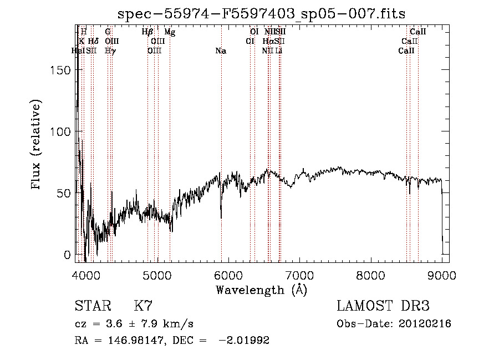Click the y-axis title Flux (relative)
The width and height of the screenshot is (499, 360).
click(37, 145)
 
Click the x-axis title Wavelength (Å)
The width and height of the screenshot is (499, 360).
click(262, 290)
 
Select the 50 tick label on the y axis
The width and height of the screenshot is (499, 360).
click(65, 193)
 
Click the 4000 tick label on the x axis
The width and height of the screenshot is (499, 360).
click(85, 275)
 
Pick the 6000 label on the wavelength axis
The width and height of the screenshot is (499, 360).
click(228, 275)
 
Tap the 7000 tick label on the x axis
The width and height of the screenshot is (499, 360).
click(299, 275)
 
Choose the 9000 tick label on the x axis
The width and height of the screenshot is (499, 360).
click(442, 275)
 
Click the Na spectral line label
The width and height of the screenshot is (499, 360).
click(221, 51)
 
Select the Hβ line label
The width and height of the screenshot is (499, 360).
click(147, 32)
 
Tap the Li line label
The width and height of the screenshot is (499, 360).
click(279, 51)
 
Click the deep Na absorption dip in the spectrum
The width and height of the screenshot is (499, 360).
click(221, 216)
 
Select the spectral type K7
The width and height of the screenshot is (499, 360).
click(143, 306)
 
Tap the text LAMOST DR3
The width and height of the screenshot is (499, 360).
click(383, 306)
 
